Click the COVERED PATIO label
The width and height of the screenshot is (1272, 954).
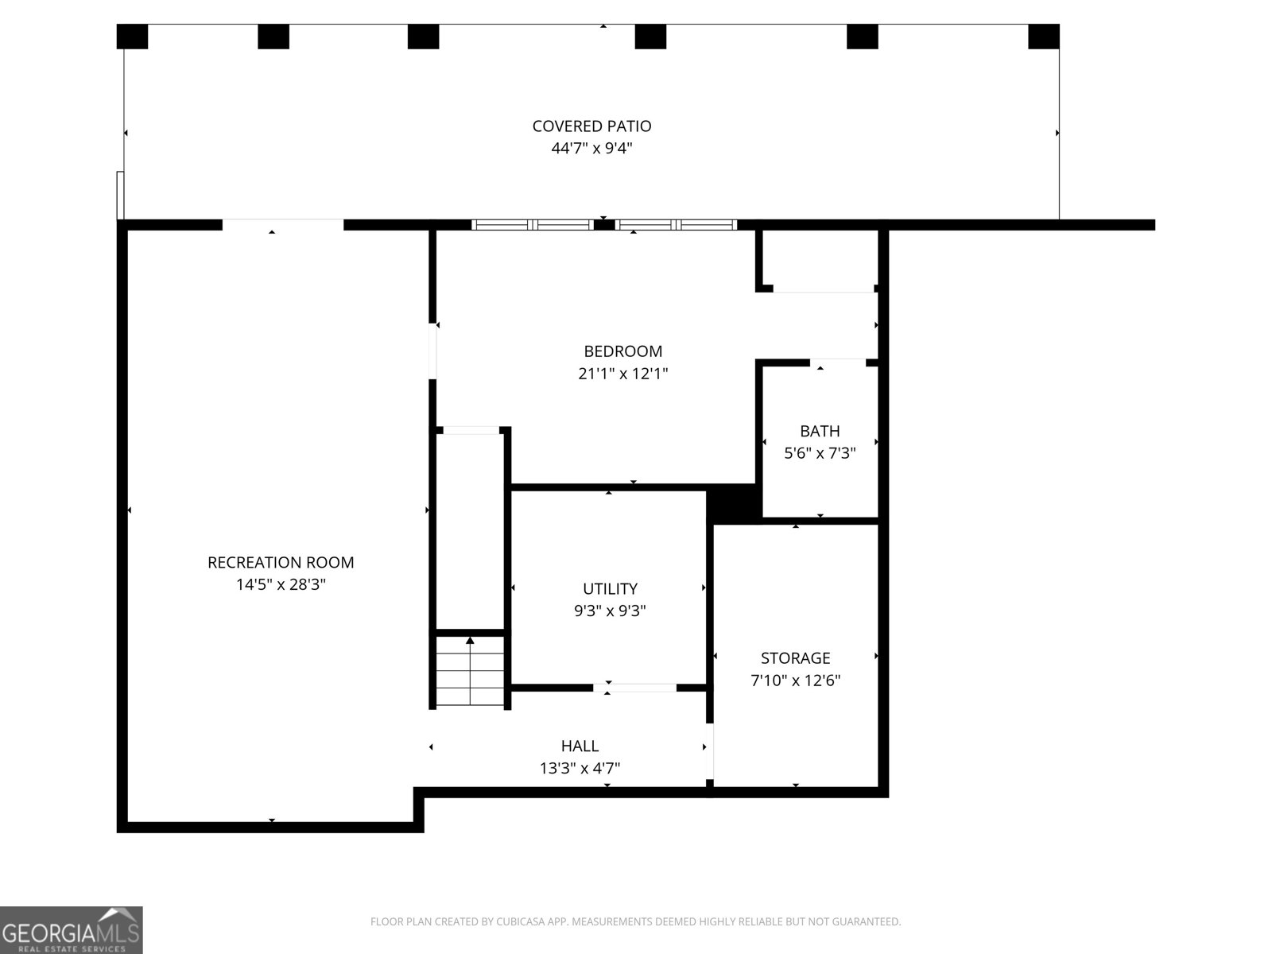click(x=591, y=126)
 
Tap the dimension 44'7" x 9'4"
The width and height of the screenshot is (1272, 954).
click(x=591, y=148)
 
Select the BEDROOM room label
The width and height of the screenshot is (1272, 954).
click(x=622, y=351)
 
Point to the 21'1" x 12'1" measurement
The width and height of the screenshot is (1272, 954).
click(x=622, y=373)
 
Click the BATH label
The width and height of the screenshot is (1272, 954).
click(x=820, y=431)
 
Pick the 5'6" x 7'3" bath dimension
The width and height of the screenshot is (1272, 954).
click(x=820, y=453)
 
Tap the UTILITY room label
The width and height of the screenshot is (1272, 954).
click(x=610, y=588)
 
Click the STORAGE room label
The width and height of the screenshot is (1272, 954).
click(x=795, y=657)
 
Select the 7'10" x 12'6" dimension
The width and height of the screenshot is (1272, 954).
click(x=795, y=680)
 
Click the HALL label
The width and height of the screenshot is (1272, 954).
click(x=580, y=746)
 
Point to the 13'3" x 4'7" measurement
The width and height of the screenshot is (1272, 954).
click(x=580, y=768)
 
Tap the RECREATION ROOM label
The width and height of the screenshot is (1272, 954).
click(x=281, y=562)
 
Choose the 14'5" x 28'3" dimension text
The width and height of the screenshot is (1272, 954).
click(x=281, y=584)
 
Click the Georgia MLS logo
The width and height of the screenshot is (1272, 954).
click(x=71, y=929)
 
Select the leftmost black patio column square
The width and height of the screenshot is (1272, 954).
click(x=132, y=37)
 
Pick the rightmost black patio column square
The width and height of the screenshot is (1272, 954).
click(x=1043, y=37)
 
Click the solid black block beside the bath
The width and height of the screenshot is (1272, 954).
click(x=734, y=504)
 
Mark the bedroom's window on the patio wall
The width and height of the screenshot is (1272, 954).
click(x=604, y=225)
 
